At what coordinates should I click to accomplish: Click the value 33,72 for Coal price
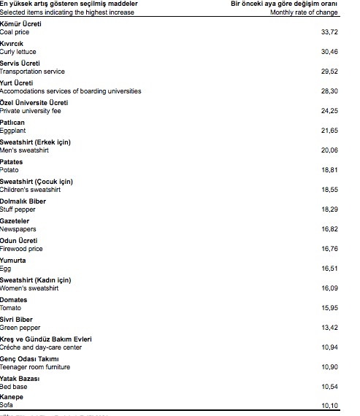click(329, 33)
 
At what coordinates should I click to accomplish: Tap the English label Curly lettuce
click(18, 53)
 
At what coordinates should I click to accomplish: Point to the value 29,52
click(329, 72)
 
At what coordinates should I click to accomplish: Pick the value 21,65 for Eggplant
click(329, 131)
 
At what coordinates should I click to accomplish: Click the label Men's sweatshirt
click(25, 150)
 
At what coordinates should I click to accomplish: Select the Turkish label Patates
click(12, 162)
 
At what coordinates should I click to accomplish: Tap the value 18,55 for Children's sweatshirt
click(329, 190)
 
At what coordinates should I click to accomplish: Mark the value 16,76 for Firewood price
click(329, 249)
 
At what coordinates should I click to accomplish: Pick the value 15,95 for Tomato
click(329, 308)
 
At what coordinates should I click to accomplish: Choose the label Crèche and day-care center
click(41, 347)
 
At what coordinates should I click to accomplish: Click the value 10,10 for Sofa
click(329, 406)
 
